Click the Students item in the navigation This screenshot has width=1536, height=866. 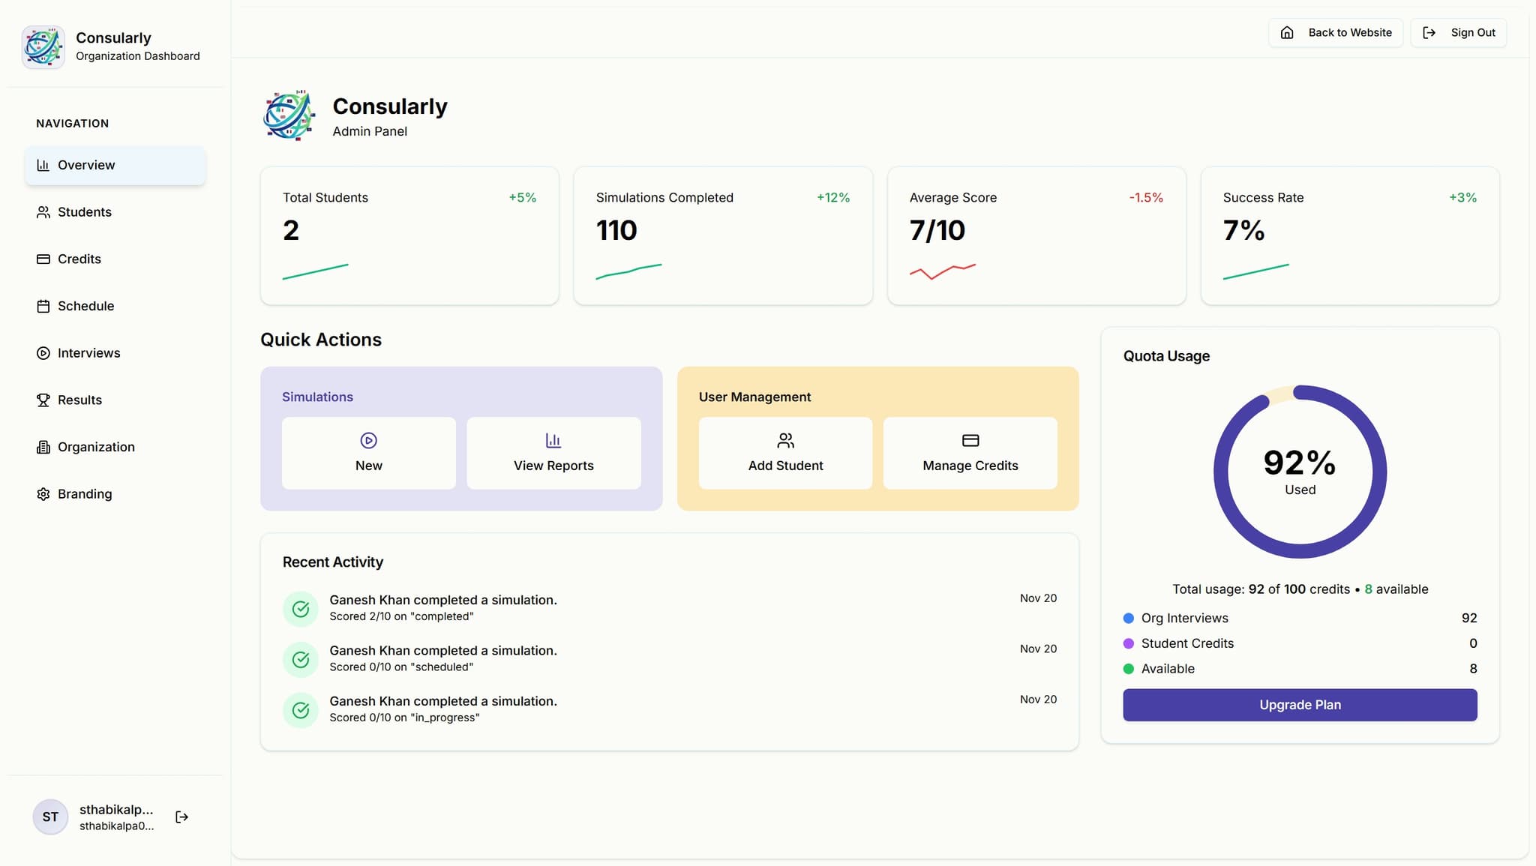tap(84, 212)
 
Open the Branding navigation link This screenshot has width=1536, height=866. tap(84, 494)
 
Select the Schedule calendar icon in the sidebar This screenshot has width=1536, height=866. tap(43, 306)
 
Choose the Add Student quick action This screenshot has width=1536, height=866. tap(785, 453)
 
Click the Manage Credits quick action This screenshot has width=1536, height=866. tap(970, 453)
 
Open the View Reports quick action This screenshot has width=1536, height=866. tap(553, 453)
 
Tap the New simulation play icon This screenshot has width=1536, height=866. tap(368, 440)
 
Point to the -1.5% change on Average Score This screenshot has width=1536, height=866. tap(1145, 198)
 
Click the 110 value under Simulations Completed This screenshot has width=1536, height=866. tap(616, 230)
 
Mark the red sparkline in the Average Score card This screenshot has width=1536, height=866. tap(942, 271)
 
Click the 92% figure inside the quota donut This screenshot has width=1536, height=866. tap(1299, 463)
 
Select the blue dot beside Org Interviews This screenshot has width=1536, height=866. tap(1128, 619)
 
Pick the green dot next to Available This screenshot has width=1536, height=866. tap(1128, 669)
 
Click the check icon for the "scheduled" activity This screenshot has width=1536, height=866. tap(301, 660)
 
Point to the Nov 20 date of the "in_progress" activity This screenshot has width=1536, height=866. tap(1038, 700)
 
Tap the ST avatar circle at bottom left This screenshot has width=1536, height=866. tap(50, 817)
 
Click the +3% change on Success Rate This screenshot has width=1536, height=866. tap(1462, 198)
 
